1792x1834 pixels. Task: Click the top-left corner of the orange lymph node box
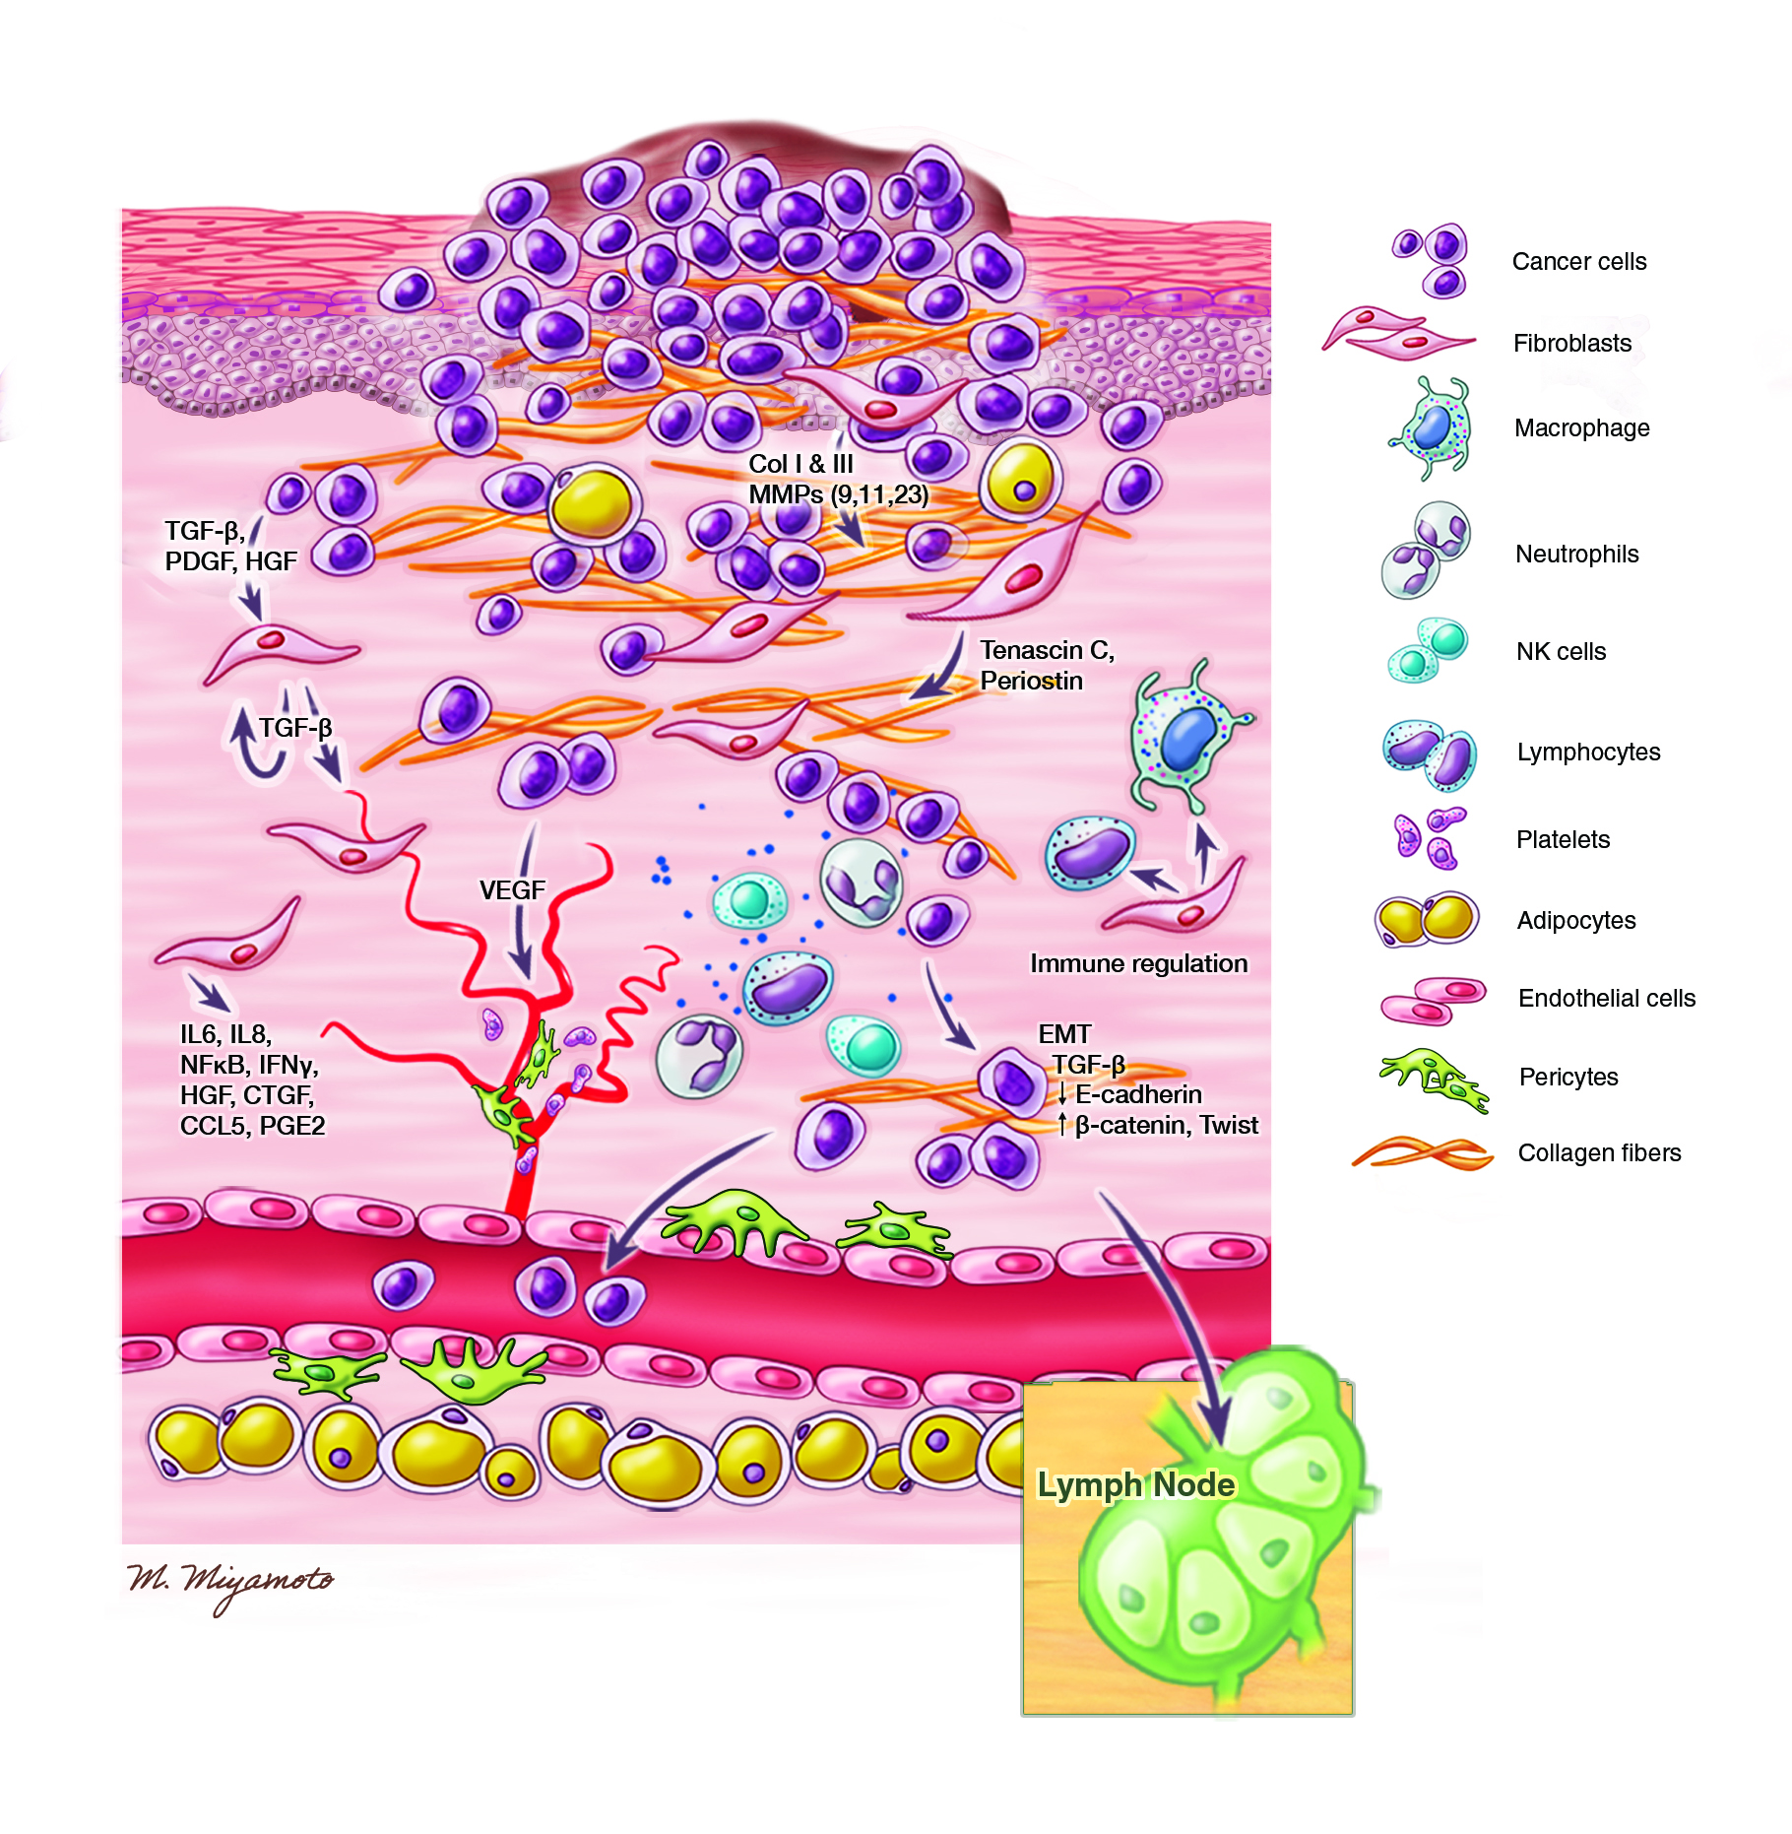coord(1024,1383)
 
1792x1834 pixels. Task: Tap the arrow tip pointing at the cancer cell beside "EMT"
coord(976,1049)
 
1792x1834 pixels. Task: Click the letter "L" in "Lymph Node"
coord(1048,1485)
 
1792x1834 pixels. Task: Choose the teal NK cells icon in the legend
coord(1428,650)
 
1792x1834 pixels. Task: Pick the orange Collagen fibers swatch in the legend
coord(1422,1152)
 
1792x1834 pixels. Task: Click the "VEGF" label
coord(512,890)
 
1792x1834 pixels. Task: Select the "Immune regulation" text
coord(1139,963)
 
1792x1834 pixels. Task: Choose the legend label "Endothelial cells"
coord(1607,998)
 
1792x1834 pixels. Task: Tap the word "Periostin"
coord(1032,681)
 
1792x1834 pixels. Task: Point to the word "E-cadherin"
coord(1139,1094)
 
